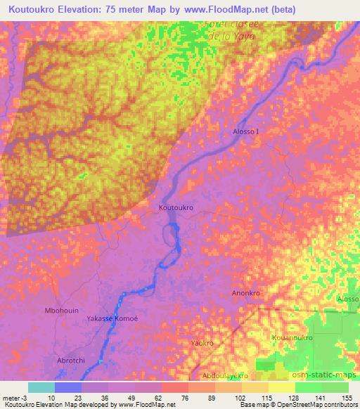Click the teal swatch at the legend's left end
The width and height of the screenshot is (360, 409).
click(41, 387)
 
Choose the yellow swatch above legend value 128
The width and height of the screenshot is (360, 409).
click(282, 387)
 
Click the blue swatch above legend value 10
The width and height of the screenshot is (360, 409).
click(68, 387)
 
